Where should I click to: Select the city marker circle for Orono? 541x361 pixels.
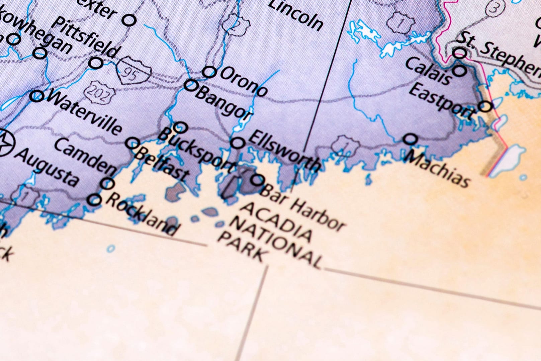click(x=209, y=72)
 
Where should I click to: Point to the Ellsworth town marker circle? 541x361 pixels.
click(x=238, y=143)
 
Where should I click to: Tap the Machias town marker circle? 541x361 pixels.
click(x=410, y=139)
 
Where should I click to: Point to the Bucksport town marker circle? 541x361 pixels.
click(x=181, y=127)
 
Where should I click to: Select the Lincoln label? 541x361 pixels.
click(x=296, y=15)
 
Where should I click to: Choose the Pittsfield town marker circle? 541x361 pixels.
click(x=96, y=63)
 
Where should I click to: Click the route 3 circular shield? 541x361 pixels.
click(x=493, y=8)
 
